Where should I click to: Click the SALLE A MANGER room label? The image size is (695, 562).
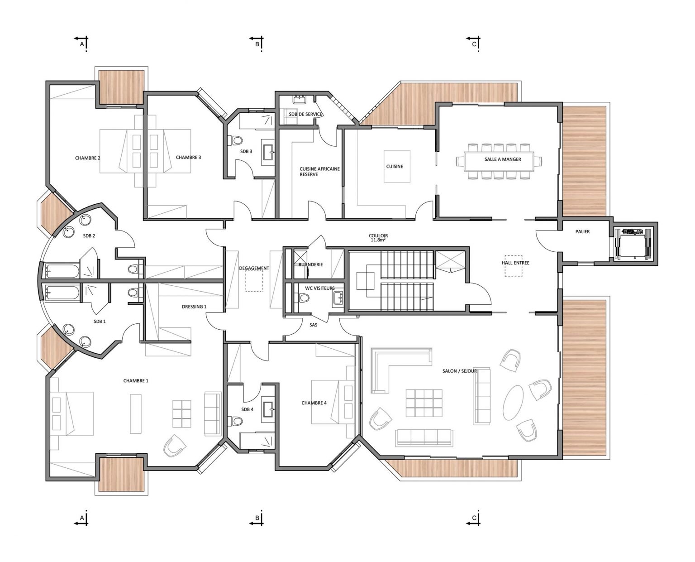click(502, 159)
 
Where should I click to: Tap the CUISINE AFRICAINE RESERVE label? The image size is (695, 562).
click(319, 172)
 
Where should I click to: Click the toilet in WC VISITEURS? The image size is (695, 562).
click(303, 298)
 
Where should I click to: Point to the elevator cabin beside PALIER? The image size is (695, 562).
click(633, 244)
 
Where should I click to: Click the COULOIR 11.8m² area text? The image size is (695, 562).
click(378, 237)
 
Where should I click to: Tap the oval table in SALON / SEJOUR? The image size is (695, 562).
click(513, 402)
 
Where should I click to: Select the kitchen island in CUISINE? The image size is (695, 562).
click(397, 166)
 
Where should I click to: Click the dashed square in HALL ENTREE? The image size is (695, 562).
click(513, 266)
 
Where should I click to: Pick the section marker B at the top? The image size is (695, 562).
click(257, 43)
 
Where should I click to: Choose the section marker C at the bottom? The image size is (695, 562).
click(474, 518)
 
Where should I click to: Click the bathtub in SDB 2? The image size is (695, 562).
click(62, 270)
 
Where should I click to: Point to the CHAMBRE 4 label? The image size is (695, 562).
click(314, 403)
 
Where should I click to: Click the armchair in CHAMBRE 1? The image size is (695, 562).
click(174, 446)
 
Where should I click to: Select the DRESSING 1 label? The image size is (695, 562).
click(194, 307)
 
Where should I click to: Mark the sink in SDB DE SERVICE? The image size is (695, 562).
click(299, 99)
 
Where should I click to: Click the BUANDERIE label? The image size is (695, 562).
click(311, 264)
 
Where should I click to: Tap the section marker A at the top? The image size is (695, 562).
click(82, 43)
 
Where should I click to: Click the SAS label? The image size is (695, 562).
click(313, 325)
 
